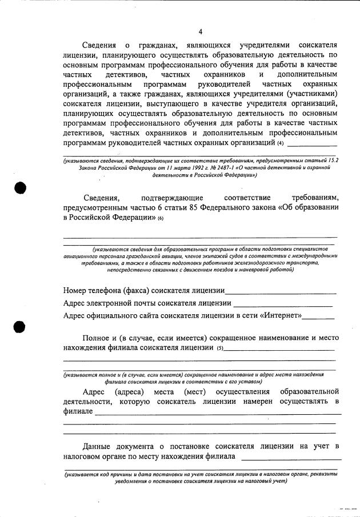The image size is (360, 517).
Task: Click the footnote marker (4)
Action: (280, 143)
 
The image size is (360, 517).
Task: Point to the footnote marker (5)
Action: (220, 348)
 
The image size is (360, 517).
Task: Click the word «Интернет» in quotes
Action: (281, 315)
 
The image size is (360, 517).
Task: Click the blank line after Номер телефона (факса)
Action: (280, 292)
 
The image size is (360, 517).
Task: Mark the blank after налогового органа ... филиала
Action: (291, 458)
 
